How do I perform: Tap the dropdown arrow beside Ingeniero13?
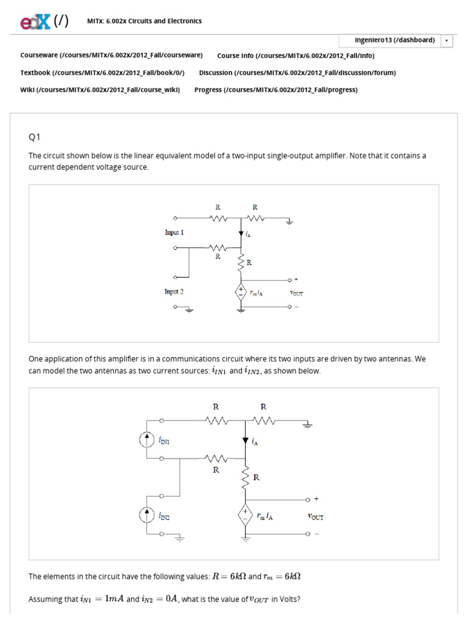[446, 40]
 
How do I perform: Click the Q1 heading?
[34, 136]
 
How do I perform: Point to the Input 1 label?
[174, 232]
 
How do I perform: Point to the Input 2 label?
[174, 291]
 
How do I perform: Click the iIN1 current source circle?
[147, 439]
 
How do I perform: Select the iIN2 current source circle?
[147, 516]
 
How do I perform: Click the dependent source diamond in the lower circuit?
[246, 516]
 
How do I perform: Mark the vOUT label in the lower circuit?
[315, 517]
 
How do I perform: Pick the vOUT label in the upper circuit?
[296, 293]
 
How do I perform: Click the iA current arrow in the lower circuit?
[246, 441]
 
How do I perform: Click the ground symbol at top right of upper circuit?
[289, 222]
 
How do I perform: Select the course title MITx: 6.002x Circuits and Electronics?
[144, 21]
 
